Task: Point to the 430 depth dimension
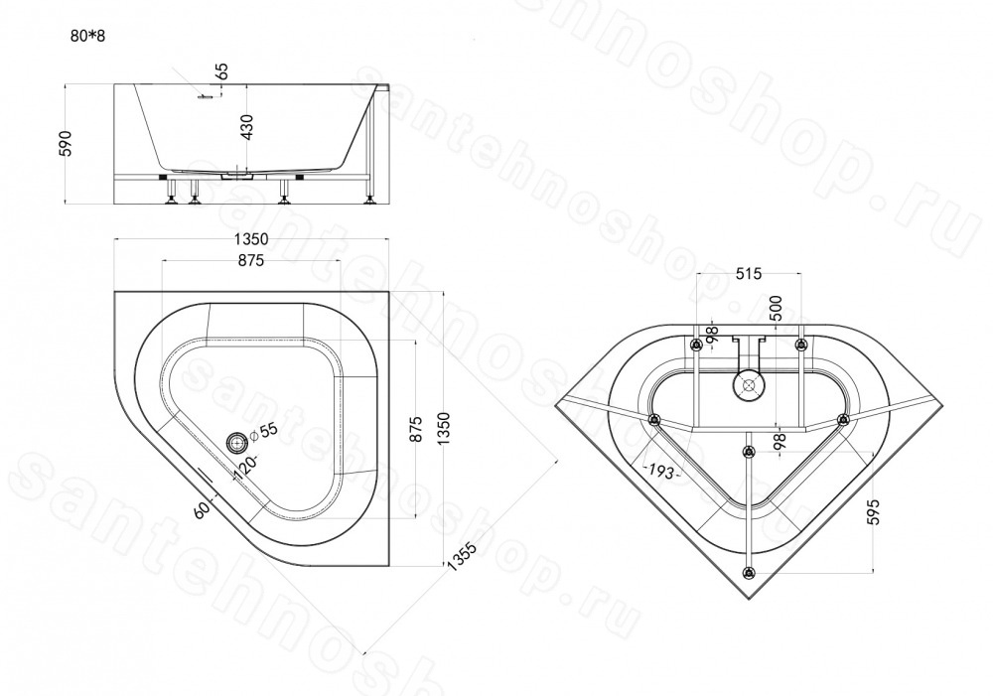pyautogui.click(x=246, y=127)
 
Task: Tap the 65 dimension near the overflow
pyautogui.click(x=221, y=70)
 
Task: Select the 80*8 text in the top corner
pyautogui.click(x=87, y=36)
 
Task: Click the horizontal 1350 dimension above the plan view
pyautogui.click(x=251, y=239)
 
